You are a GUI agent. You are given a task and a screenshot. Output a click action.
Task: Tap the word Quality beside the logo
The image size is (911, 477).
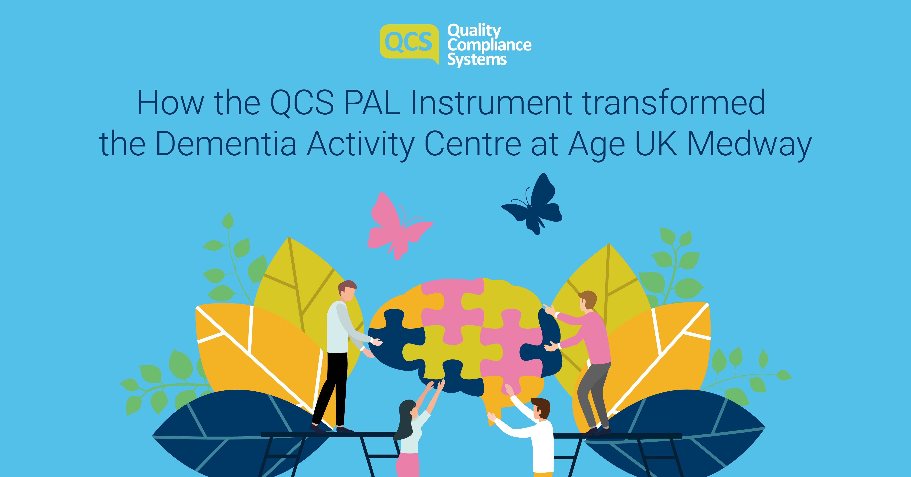click(474, 31)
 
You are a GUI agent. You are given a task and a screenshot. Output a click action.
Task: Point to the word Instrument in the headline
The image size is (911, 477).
click(492, 103)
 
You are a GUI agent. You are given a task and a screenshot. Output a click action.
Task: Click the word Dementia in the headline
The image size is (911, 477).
click(226, 145)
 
